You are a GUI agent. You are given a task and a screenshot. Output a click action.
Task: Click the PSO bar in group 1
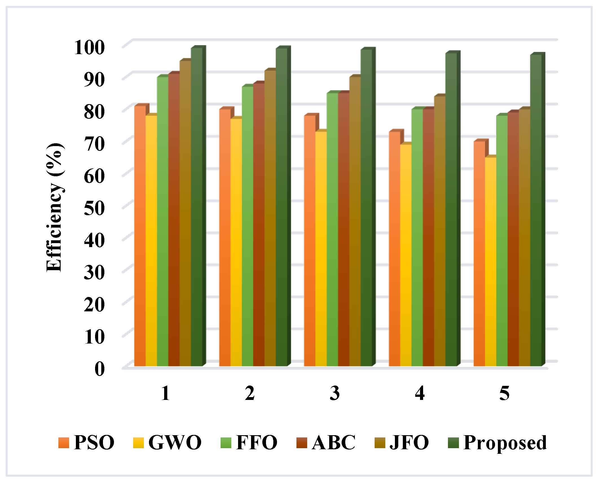pyautogui.click(x=140, y=237)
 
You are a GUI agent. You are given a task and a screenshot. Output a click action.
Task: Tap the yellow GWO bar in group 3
pyautogui.click(x=321, y=248)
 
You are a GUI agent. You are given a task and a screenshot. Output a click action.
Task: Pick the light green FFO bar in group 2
pyautogui.click(x=247, y=226)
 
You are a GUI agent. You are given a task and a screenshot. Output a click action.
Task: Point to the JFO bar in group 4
pyautogui.click(x=440, y=231)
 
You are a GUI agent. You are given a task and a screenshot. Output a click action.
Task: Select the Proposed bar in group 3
pyautogui.click(x=366, y=209)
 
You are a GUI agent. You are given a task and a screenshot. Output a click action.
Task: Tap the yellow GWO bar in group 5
pyautogui.click(x=491, y=262)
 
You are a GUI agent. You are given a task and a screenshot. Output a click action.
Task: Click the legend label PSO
pyautogui.click(x=94, y=443)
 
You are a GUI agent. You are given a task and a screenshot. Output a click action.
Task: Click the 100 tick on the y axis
pyautogui.click(x=89, y=47)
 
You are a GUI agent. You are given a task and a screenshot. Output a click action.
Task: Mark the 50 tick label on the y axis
pyautogui.click(x=94, y=208)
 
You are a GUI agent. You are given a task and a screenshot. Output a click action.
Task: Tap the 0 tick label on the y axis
pyautogui.click(x=100, y=369)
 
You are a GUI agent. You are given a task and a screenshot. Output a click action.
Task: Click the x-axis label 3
pyautogui.click(x=335, y=393)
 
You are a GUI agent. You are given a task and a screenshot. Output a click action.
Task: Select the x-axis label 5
pyautogui.click(x=505, y=393)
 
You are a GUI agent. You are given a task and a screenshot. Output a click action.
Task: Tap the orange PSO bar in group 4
pyautogui.click(x=394, y=248)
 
